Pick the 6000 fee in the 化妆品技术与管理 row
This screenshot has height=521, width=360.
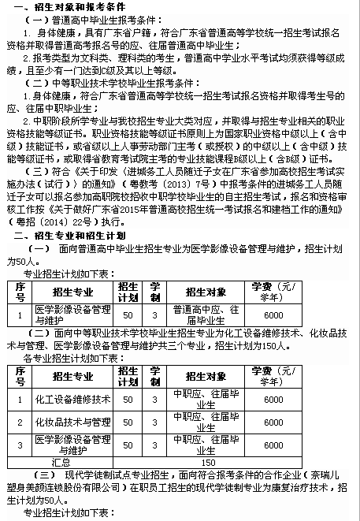pos(273,422)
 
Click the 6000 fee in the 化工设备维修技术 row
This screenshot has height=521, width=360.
pos(273,400)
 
